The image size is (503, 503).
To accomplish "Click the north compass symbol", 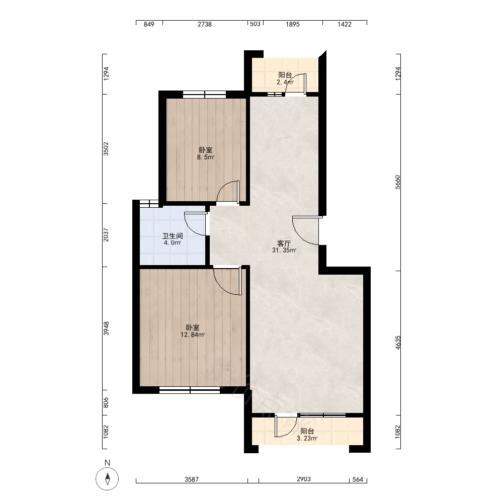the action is pyautogui.click(x=107, y=479).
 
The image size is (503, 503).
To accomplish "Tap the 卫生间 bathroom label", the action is pyautogui.click(x=172, y=236).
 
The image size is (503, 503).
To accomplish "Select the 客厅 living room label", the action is pyautogui.click(x=284, y=243).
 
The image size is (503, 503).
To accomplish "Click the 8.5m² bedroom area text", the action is pyautogui.click(x=205, y=157).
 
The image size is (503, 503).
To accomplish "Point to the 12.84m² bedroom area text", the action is pyautogui.click(x=193, y=335).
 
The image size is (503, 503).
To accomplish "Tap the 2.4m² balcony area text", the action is pyautogui.click(x=285, y=82).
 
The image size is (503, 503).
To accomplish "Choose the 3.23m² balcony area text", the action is pyautogui.click(x=307, y=439).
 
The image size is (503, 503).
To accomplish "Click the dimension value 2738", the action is pyautogui.click(x=205, y=24).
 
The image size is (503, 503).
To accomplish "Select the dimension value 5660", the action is pyautogui.click(x=398, y=182).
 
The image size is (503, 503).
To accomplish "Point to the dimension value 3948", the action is pyautogui.click(x=106, y=328).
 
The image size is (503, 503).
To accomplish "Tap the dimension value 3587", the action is pyautogui.click(x=192, y=479).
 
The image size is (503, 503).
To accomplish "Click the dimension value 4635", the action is pyautogui.click(x=398, y=343).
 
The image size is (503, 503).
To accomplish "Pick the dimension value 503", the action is pyautogui.click(x=255, y=24).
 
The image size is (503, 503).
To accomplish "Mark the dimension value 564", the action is pyautogui.click(x=358, y=479).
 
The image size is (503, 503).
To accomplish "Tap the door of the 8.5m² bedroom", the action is pyautogui.click(x=228, y=193).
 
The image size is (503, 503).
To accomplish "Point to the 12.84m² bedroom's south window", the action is pyautogui.click(x=190, y=390).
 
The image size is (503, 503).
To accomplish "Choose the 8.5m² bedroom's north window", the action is pyautogui.click(x=205, y=95).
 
